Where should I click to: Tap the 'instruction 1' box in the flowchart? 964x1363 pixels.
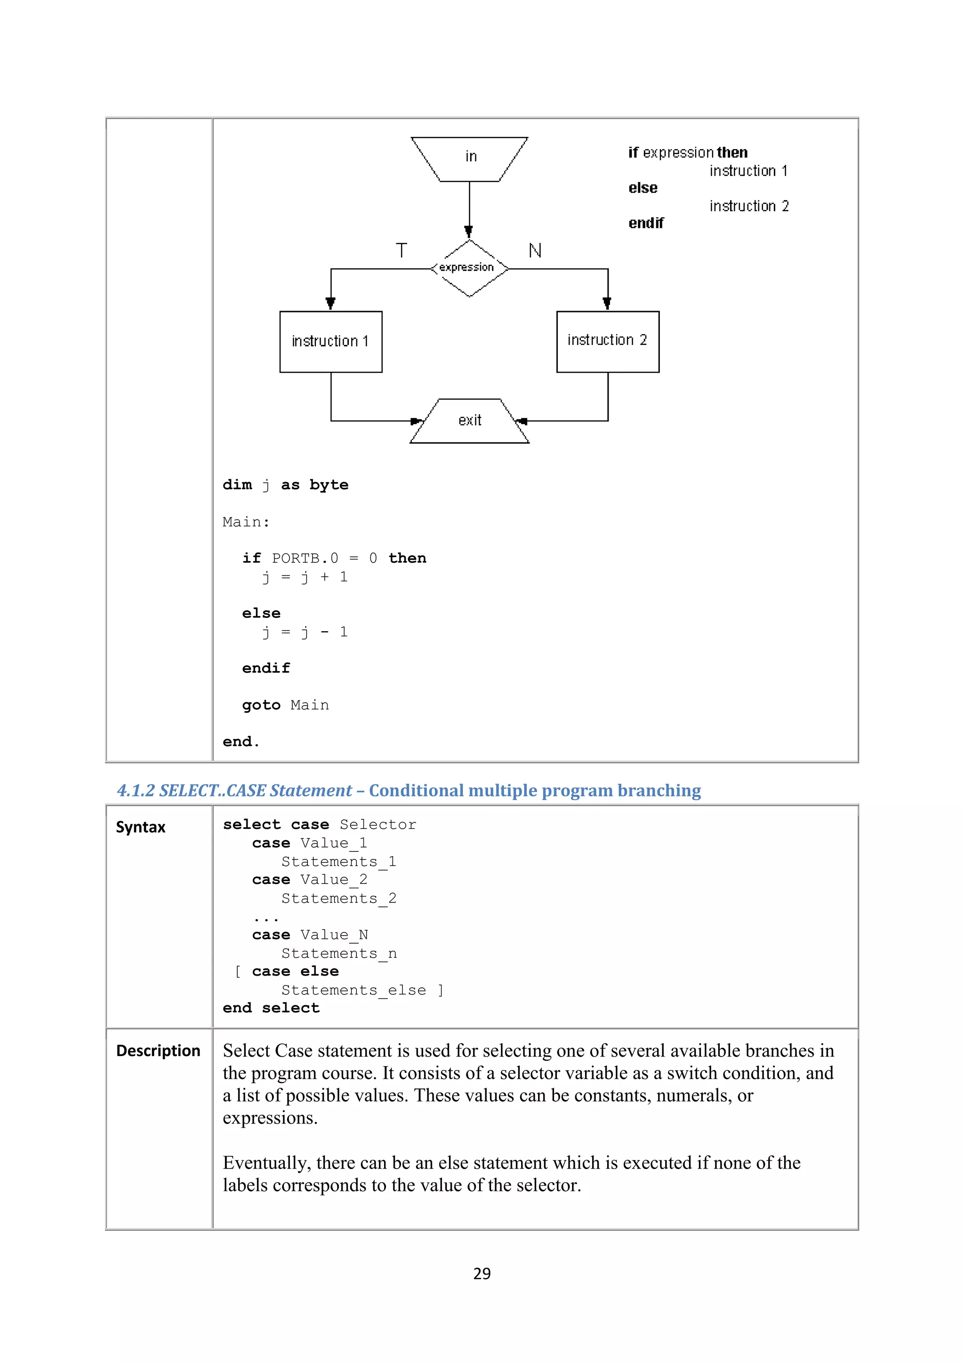coord(330,341)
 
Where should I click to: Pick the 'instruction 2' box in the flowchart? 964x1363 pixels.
coord(607,341)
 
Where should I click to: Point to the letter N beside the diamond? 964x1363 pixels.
coord(535,250)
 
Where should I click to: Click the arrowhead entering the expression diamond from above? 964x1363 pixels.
coord(468,232)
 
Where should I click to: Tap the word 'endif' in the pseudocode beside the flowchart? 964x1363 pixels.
coord(646,223)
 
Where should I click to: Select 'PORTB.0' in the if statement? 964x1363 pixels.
coord(305,559)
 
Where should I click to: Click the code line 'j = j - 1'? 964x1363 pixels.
coord(305,632)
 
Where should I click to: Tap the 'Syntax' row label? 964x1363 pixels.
coord(141,827)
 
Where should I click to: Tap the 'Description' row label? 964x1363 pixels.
coord(158,1051)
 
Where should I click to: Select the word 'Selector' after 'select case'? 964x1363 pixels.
coord(378,825)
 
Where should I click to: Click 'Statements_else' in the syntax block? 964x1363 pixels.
coord(353,990)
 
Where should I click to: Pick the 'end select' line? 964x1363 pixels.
coord(271,1008)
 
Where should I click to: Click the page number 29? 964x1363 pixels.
coord(482,1274)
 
